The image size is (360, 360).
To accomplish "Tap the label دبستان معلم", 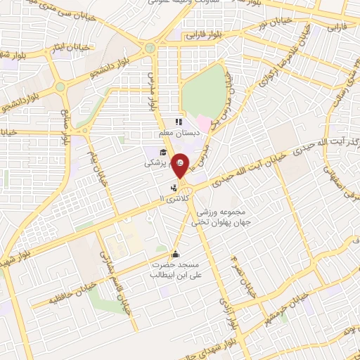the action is pyautogui.click(x=179, y=131).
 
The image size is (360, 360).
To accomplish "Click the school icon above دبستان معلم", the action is pyautogui.click(x=179, y=121).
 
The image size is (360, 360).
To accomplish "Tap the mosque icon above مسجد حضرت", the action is pyautogui.click(x=175, y=254).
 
